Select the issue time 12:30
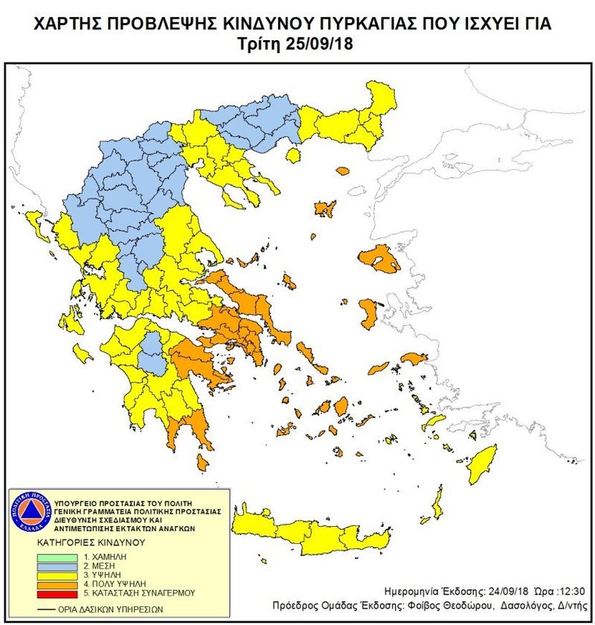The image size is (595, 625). tap(571, 589)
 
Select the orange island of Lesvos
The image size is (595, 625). tap(379, 259)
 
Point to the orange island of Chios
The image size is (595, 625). tap(368, 313)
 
